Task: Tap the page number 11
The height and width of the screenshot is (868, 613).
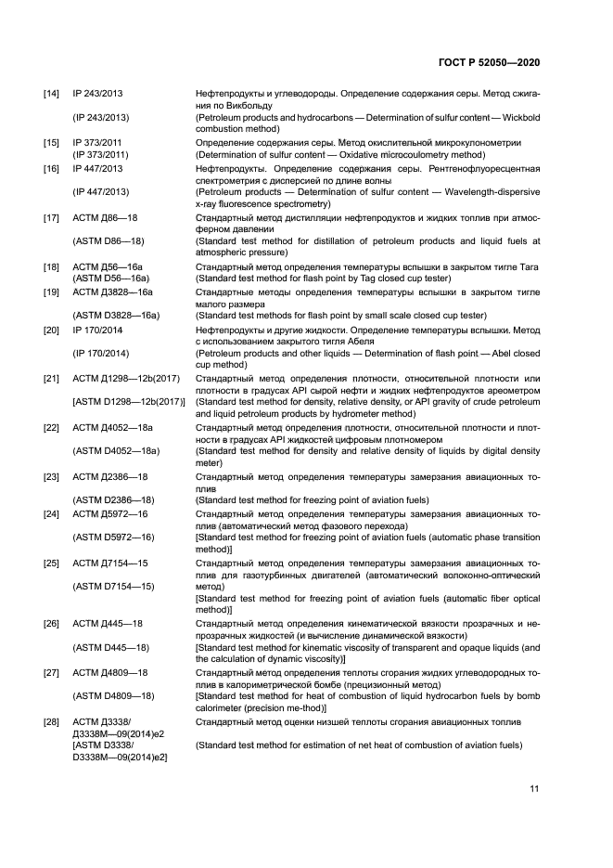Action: tap(534, 789)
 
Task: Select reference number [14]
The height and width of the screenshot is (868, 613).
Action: tap(52, 95)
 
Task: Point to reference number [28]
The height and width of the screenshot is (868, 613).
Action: tap(52, 721)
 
